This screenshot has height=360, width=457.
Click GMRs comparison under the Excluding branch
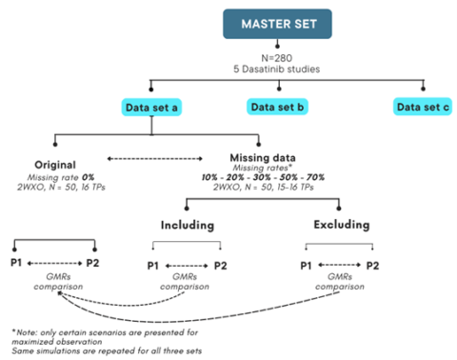click(x=340, y=283)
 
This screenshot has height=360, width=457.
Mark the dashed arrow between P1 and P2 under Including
click(x=185, y=265)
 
